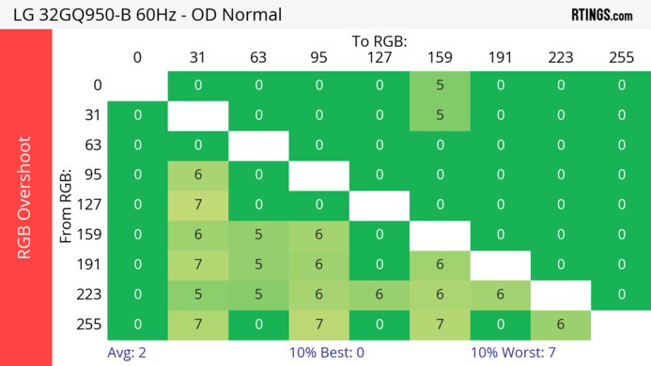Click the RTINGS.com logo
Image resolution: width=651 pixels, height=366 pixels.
(x=601, y=14)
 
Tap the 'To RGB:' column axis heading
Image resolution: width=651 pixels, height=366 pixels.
(x=380, y=41)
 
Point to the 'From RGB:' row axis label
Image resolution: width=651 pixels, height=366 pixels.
(x=67, y=205)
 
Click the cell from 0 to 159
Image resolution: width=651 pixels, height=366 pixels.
(x=440, y=85)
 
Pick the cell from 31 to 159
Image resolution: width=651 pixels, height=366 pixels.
(x=440, y=115)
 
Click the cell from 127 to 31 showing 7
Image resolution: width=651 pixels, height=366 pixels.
(x=198, y=206)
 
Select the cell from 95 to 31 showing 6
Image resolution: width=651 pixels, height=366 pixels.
(x=198, y=175)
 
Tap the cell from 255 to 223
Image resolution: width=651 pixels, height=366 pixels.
(x=561, y=325)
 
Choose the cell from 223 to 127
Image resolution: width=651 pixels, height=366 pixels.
(x=380, y=295)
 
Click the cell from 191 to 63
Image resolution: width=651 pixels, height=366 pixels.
(x=258, y=265)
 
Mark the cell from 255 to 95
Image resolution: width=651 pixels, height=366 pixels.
(x=318, y=325)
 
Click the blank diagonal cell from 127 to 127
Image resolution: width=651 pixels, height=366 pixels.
(x=380, y=206)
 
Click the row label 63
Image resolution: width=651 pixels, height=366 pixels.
(x=92, y=145)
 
